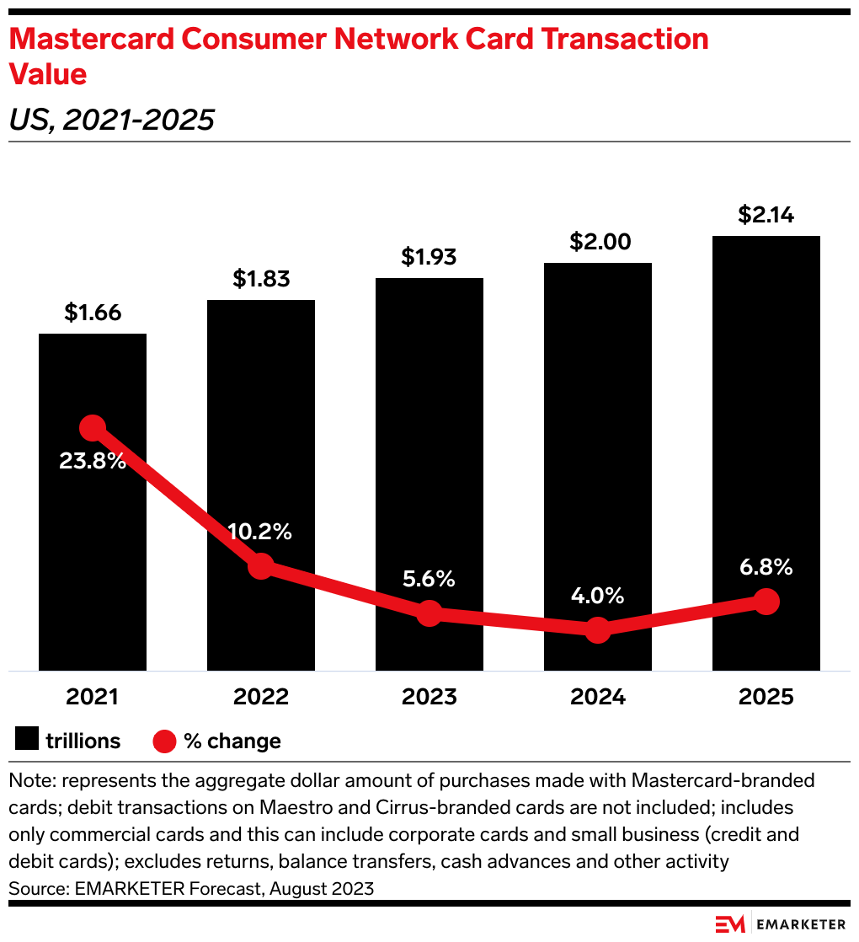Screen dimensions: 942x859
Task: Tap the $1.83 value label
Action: (261, 279)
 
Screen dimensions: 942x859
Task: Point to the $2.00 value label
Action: (598, 242)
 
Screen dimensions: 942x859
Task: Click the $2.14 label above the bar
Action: (766, 215)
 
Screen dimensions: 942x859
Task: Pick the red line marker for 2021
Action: (93, 428)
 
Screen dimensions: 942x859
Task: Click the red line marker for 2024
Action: (598, 629)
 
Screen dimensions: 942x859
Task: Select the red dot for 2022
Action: (261, 565)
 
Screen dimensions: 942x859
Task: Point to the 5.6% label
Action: (429, 579)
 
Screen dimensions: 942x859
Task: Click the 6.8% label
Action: (766, 567)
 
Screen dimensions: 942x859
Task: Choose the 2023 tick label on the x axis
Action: (429, 698)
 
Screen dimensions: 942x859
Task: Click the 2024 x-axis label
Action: (598, 698)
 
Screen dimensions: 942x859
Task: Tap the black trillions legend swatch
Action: (27, 741)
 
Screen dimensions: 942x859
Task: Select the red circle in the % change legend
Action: (164, 741)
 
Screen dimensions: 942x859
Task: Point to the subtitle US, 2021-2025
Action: (111, 120)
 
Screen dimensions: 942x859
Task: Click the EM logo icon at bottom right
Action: (729, 924)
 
